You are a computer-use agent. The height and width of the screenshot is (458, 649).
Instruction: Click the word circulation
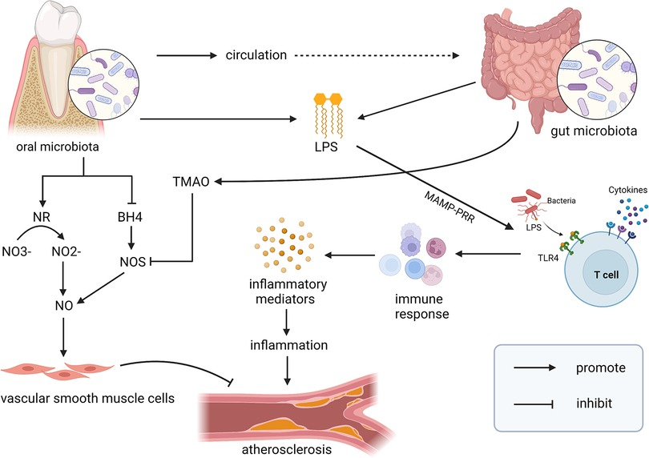coord(256,55)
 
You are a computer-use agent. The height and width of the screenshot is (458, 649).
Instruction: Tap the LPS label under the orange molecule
coord(326,147)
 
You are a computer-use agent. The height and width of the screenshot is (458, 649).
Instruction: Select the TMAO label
coord(191,182)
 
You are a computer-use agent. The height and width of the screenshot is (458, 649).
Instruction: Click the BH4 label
coord(130,217)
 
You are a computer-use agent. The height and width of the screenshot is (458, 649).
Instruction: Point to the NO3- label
coord(17,251)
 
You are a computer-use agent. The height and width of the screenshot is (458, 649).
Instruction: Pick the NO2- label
coord(67,251)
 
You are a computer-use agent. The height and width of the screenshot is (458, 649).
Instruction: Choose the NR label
coord(42,217)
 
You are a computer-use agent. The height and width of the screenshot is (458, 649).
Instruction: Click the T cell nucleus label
coord(606,275)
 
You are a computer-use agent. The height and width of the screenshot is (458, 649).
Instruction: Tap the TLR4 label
coord(548,259)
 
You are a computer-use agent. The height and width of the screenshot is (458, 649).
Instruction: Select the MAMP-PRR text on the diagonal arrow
coord(449,207)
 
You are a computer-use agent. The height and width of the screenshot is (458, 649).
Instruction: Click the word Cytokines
coord(627,190)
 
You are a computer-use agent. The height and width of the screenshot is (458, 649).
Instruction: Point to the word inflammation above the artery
coord(289,345)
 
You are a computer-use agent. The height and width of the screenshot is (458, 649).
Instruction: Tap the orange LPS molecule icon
coord(329,115)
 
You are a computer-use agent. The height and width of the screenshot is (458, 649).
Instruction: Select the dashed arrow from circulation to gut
coord(377,55)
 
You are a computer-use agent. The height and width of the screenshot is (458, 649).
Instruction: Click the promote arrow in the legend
coord(534,368)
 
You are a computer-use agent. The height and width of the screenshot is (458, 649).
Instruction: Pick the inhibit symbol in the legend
coord(534,404)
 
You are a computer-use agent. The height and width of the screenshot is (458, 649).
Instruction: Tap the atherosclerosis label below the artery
coord(286,449)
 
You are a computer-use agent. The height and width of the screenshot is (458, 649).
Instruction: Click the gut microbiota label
coord(594,131)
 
